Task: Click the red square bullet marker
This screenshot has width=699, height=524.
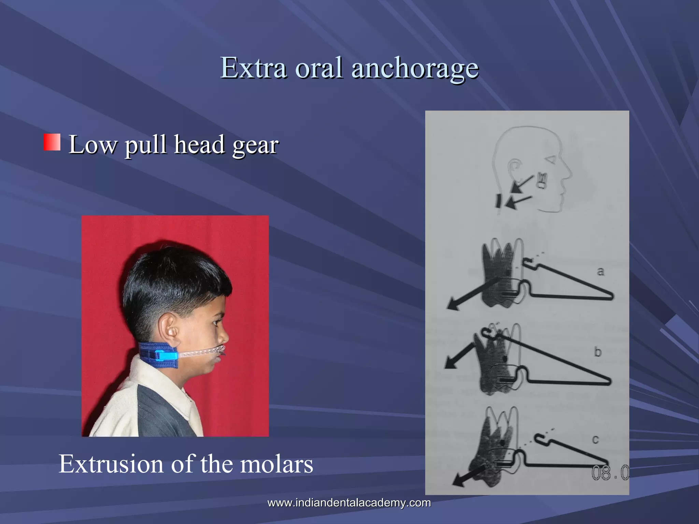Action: (52, 142)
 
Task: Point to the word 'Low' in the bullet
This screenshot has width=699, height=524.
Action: (92, 145)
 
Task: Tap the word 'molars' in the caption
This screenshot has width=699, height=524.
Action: (276, 464)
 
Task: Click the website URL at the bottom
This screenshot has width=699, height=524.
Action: (349, 503)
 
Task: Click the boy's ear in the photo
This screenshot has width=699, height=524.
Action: (170, 330)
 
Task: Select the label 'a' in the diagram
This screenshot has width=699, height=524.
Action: (600, 272)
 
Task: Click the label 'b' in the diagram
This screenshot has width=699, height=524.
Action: (598, 352)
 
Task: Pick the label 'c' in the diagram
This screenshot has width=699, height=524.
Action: (596, 440)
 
